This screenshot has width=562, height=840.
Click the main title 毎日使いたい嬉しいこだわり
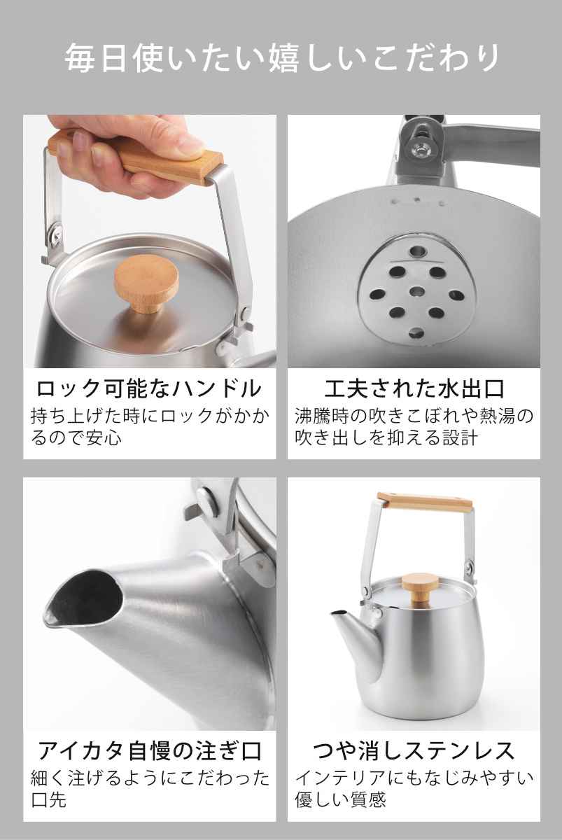click(x=281, y=59)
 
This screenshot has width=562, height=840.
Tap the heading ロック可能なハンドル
click(x=149, y=388)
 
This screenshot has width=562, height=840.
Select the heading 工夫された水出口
click(x=414, y=388)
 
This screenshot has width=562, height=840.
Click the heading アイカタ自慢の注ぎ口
click(x=149, y=750)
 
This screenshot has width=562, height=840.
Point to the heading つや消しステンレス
click(x=414, y=750)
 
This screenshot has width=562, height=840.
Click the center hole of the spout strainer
click(x=416, y=292)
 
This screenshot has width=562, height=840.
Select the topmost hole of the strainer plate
click(x=417, y=251)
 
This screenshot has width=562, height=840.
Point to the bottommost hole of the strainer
click(x=416, y=332)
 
